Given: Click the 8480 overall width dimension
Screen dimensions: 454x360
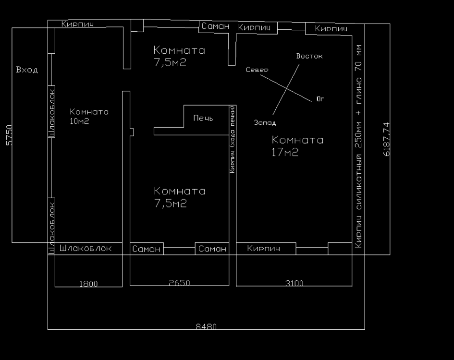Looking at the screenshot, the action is pyautogui.click(x=206, y=326).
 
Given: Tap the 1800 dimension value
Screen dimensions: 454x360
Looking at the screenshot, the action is pyautogui.click(x=88, y=284).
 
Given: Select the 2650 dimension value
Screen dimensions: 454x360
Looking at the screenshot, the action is pyautogui.click(x=179, y=282).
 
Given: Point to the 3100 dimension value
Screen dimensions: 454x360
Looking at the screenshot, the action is pyautogui.click(x=294, y=283).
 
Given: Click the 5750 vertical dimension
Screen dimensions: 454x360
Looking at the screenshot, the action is pyautogui.click(x=10, y=135).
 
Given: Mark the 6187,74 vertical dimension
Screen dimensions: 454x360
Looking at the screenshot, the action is pyautogui.click(x=387, y=140).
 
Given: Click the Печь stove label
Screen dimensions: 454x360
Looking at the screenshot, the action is pyautogui.click(x=203, y=118).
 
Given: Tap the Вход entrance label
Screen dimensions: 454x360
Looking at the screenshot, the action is pyautogui.click(x=26, y=70).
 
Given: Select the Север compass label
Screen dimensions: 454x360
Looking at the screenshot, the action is pyautogui.click(x=257, y=70).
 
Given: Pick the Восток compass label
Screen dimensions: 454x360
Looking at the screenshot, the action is pyautogui.click(x=309, y=56).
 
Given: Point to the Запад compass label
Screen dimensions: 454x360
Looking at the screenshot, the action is pyautogui.click(x=265, y=123).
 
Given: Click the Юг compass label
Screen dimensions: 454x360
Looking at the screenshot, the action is pyautogui.click(x=320, y=99).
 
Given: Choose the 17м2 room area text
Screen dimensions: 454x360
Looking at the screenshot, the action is pyautogui.click(x=285, y=152).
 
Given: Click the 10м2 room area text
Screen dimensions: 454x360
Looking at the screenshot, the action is pyautogui.click(x=79, y=121).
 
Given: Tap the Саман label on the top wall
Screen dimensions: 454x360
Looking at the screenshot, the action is pyautogui.click(x=215, y=26).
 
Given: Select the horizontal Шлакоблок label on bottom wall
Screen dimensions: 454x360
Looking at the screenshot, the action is pyautogui.click(x=86, y=248).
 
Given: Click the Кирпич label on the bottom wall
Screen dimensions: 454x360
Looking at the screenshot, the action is pyautogui.click(x=263, y=248).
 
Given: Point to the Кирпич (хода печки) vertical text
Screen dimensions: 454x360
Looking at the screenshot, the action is pyautogui.click(x=232, y=140).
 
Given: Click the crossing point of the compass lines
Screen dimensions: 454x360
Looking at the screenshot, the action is pyautogui.click(x=287, y=88).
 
